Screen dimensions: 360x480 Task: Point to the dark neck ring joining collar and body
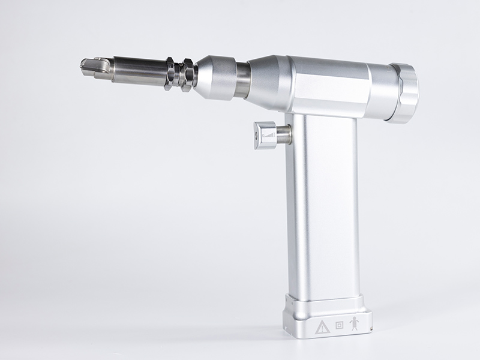pos(242,81)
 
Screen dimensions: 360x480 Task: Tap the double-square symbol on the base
pos(340,326)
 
